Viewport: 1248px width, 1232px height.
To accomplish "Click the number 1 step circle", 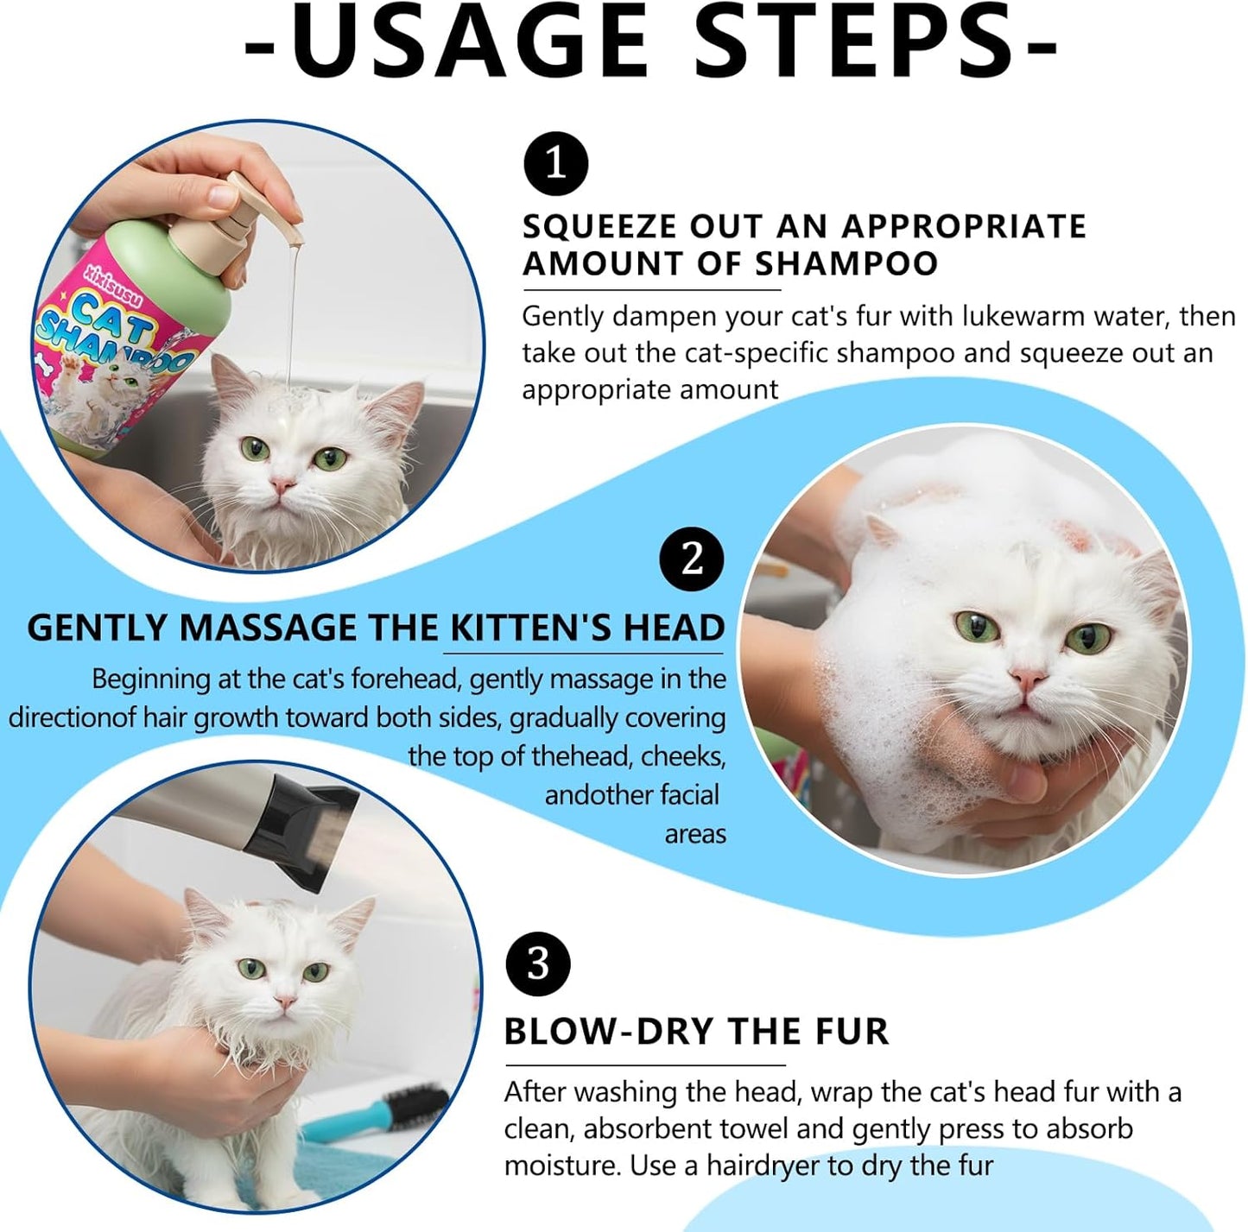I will coord(555,164).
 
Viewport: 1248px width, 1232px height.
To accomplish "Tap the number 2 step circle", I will coord(692,559).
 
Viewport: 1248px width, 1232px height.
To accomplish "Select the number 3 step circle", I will coord(537,963).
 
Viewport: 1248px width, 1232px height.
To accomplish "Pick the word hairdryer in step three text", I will coord(763,1166).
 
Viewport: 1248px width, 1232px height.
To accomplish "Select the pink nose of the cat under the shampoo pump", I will coord(282,486).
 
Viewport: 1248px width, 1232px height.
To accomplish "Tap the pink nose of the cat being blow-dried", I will coord(283,1002).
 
